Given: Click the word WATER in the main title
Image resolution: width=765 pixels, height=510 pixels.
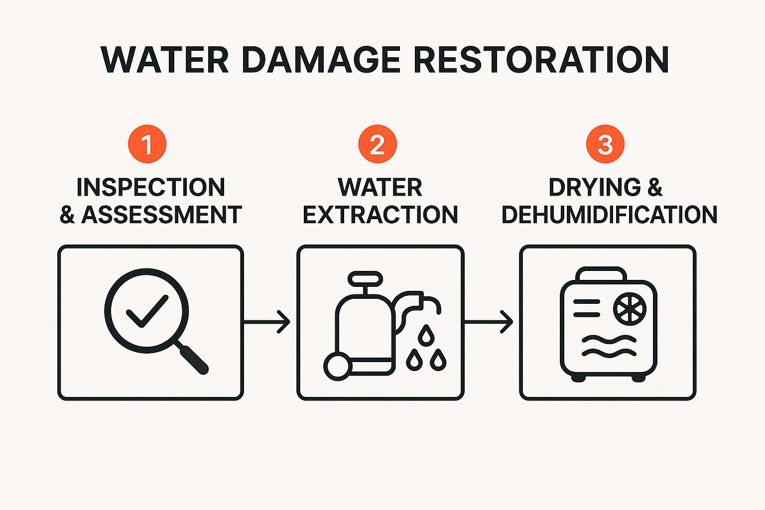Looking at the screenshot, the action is coord(164,60).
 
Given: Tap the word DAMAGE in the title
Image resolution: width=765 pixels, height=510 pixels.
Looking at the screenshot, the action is coord(321,60).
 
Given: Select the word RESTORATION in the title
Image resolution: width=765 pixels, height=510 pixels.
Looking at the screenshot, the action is coord(541,60).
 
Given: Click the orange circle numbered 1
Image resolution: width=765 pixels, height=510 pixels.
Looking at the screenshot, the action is coord(147,144).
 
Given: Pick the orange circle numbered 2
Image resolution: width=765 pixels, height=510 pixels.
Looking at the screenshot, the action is coord(378,144).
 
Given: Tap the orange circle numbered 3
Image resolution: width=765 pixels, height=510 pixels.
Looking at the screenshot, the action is coord(605,144).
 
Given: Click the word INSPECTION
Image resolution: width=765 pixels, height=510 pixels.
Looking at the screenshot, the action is coord(150,188).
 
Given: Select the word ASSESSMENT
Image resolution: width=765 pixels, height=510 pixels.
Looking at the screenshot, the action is coord(161,215).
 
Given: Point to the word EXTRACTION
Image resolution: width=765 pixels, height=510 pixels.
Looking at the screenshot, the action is coord(380,215).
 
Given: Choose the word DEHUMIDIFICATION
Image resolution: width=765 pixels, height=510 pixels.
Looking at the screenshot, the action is coord(609,215).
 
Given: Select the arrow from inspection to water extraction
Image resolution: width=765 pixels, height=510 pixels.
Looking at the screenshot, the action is coord(267,322).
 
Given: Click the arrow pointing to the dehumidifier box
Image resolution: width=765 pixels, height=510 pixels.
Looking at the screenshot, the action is coord(489,322).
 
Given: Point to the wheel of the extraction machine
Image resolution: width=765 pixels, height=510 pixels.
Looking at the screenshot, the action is coord(337,367).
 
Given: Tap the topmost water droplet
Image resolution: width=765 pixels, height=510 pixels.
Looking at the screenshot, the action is coord(426,335).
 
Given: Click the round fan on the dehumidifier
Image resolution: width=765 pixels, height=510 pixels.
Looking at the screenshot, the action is coord(630,309).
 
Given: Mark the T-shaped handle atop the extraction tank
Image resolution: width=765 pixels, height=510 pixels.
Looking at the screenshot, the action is coord(366,282).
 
